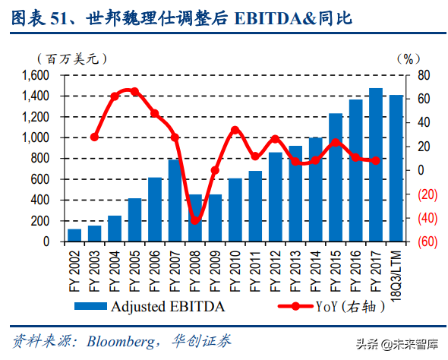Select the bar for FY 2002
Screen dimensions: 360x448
pyautogui.click(x=74, y=235)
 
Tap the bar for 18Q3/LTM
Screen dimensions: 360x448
pyautogui.click(x=396, y=169)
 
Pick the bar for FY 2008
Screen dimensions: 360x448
pyautogui.click(x=195, y=218)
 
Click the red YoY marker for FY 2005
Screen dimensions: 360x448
pyautogui.click(x=134, y=91)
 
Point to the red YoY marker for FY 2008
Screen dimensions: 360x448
pyautogui.click(x=195, y=220)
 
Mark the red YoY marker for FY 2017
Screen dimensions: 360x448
pyautogui.click(x=375, y=160)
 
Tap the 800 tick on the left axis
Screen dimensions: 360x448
pyautogui.click(x=41, y=159)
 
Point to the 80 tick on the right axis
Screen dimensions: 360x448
pyautogui.click(x=424, y=75)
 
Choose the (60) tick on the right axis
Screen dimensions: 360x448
pyautogui.click(x=425, y=242)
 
